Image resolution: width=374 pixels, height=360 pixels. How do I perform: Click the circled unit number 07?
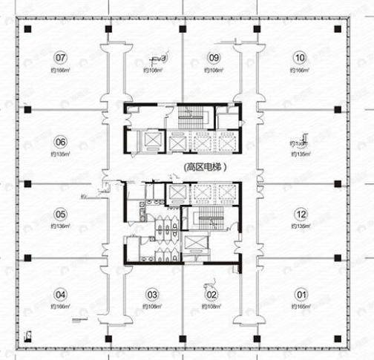[61, 57]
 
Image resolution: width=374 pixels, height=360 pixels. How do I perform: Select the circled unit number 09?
[214, 57]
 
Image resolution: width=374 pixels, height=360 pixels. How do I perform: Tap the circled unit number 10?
[300, 57]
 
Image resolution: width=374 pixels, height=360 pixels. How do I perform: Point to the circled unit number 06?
[61, 142]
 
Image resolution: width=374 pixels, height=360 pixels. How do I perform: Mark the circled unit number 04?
[61, 293]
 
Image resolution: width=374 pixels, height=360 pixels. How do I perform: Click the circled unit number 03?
[152, 293]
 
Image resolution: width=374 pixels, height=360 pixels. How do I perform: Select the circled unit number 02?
[214, 293]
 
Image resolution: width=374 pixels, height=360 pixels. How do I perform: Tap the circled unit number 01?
[301, 293]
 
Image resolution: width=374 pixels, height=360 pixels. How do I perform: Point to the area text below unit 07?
[60, 70]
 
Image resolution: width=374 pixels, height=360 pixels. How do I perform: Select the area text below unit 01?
[301, 306]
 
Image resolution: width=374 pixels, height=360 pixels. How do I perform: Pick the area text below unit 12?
[300, 226]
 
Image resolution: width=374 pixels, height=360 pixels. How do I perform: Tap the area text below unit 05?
[60, 226]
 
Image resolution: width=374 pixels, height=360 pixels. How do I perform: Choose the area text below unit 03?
[152, 306]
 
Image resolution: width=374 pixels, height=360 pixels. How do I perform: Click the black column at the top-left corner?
[27, 29]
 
